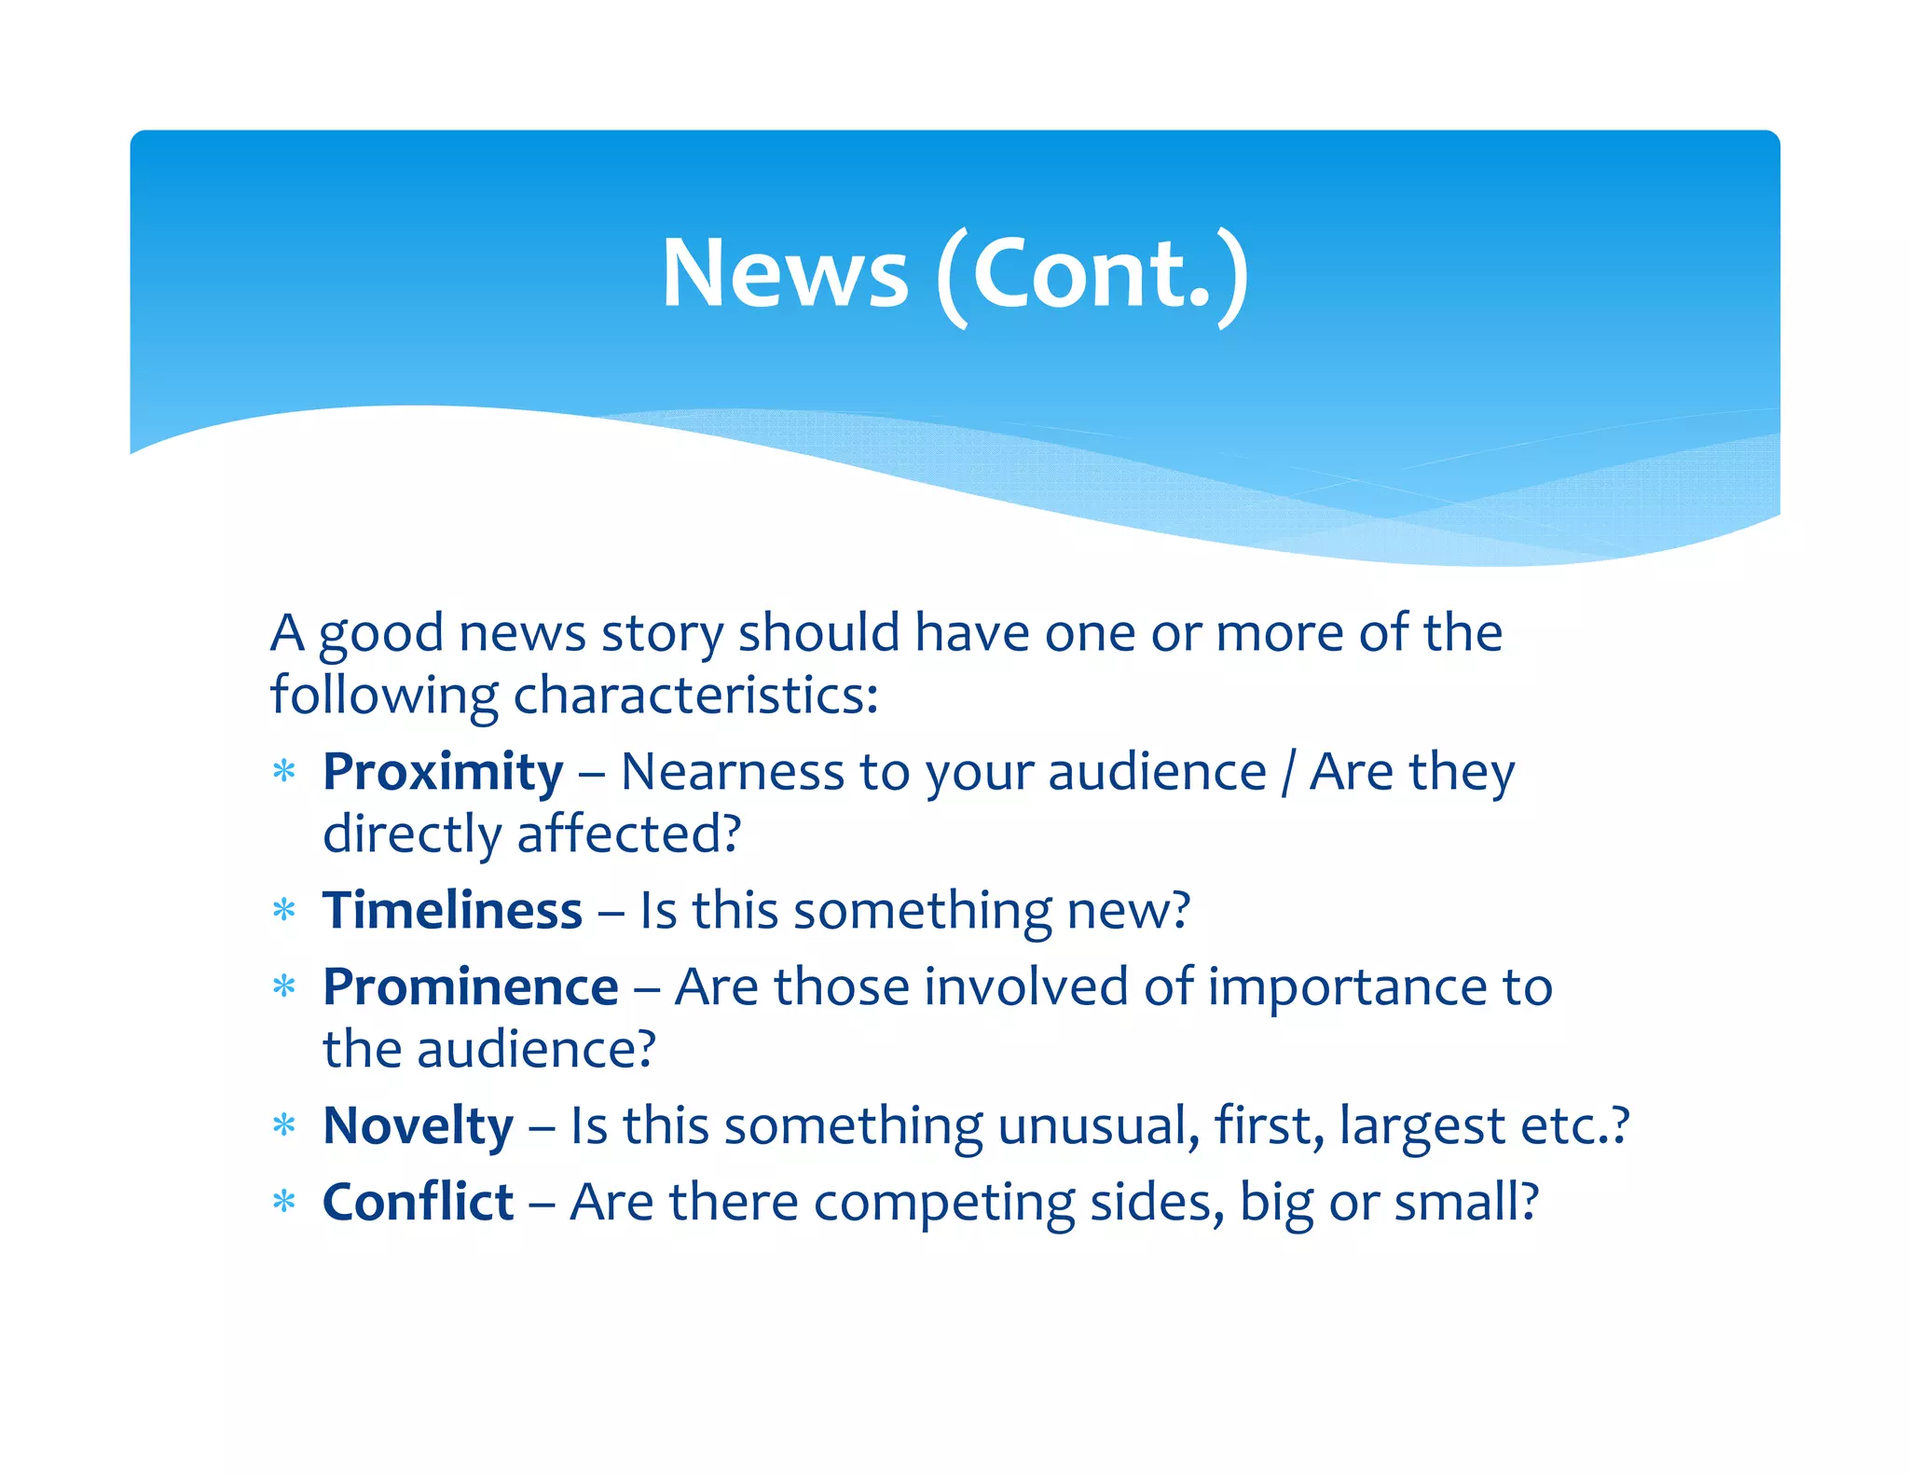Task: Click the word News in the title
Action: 784,272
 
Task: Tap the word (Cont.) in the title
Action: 1092,274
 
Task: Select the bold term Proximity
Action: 443,773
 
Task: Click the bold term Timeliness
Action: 452,911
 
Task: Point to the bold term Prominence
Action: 470,987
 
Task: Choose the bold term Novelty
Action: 418,1126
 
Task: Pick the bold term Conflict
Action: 418,1202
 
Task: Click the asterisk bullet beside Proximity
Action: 284,772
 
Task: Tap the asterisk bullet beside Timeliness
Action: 284,910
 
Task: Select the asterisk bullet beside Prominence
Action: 284,986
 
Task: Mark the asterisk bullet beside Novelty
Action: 284,1125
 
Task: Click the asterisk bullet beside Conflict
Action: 284,1202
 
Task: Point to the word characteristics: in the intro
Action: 695,696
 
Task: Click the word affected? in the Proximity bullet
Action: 629,834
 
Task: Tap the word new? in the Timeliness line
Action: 1128,911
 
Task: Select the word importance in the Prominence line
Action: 1347,987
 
